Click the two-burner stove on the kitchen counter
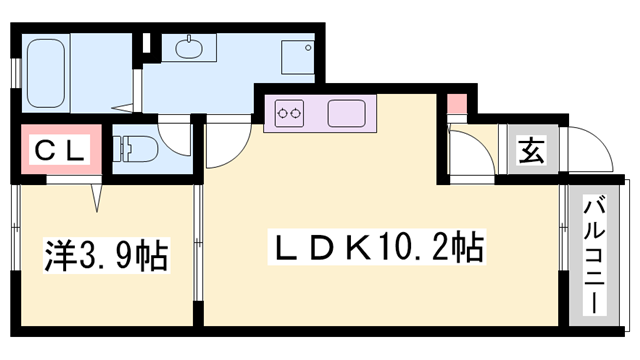coord(290,114)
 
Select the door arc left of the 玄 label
coord(470,150)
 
